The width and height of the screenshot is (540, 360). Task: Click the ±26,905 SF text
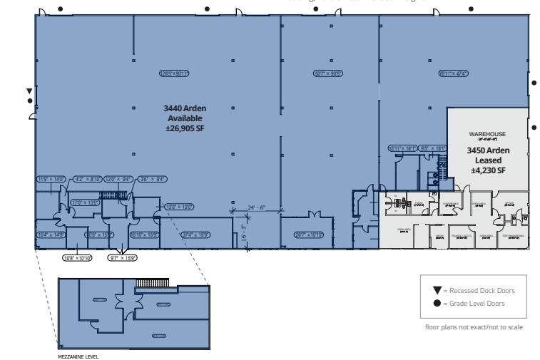(185, 128)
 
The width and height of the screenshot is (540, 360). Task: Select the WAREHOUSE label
(487, 133)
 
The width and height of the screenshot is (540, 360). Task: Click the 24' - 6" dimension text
(257, 207)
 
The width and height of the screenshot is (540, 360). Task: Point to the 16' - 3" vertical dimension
(244, 232)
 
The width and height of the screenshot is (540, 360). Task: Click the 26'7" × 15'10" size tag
(308, 234)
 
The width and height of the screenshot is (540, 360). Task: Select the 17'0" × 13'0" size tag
(83, 202)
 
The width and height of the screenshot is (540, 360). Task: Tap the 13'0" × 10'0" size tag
(179, 207)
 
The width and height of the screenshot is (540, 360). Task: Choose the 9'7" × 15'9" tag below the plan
(122, 257)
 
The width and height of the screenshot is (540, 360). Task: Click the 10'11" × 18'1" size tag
(401, 148)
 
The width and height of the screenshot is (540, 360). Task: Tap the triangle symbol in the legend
(437, 290)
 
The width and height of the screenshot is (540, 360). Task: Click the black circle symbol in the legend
(437, 303)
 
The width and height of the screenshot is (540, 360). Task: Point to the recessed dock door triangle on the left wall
(29, 91)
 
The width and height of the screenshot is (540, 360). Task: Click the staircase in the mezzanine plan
(152, 284)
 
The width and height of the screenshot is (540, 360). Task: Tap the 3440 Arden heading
(185, 108)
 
